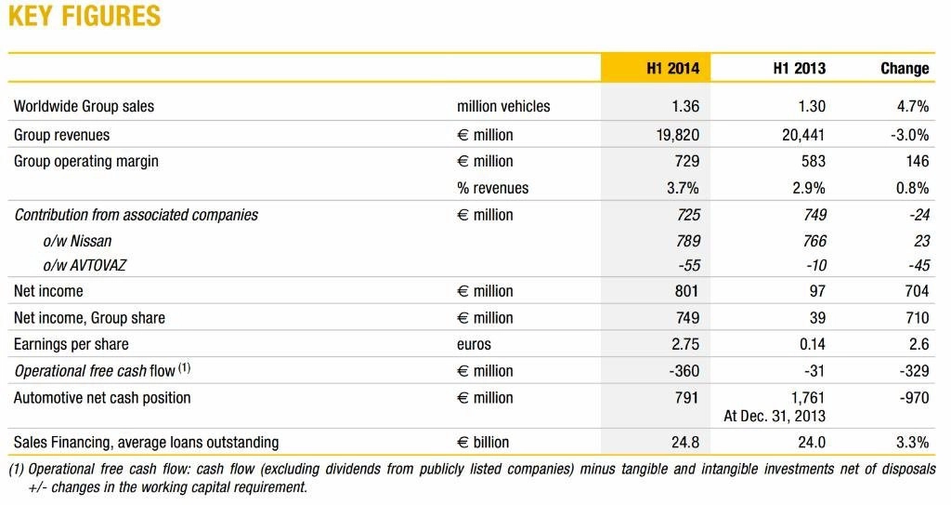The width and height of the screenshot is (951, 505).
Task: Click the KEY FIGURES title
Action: pyautogui.click(x=85, y=16)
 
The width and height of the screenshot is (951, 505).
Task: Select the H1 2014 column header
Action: pyautogui.click(x=672, y=68)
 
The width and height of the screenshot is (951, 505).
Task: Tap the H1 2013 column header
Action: pyautogui.click(x=799, y=68)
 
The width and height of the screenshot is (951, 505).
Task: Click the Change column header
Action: pyautogui.click(x=905, y=68)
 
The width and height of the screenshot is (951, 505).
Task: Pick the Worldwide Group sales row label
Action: pyautogui.click(x=84, y=106)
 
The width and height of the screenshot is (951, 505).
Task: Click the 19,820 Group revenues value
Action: pyautogui.click(x=677, y=135)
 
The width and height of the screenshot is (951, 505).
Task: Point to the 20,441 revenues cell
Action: pyautogui.click(x=803, y=135)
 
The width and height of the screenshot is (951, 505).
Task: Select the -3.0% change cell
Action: pyautogui.click(x=909, y=135)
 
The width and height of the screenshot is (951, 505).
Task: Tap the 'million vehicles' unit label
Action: pyautogui.click(x=503, y=106)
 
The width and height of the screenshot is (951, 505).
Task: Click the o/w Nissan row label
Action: pyautogui.click(x=77, y=241)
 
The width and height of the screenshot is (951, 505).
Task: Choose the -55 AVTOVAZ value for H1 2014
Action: pyautogui.click(x=688, y=266)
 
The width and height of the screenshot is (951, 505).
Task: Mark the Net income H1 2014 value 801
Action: pyautogui.click(x=686, y=291)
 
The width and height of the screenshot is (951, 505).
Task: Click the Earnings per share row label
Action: pyautogui.click(x=71, y=344)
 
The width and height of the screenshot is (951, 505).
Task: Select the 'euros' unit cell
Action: pyautogui.click(x=474, y=344)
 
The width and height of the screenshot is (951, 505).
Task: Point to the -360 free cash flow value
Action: pyautogui.click(x=684, y=371)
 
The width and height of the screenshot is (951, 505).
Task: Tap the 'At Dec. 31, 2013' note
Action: pyautogui.click(x=774, y=417)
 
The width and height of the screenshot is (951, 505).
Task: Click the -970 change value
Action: pyautogui.click(x=914, y=398)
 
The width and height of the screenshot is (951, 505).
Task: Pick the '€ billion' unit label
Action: pyautogui.click(x=483, y=443)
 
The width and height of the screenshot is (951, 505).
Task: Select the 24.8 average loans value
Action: pyautogui.click(x=685, y=443)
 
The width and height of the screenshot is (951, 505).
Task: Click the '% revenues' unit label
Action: pyautogui.click(x=492, y=189)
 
